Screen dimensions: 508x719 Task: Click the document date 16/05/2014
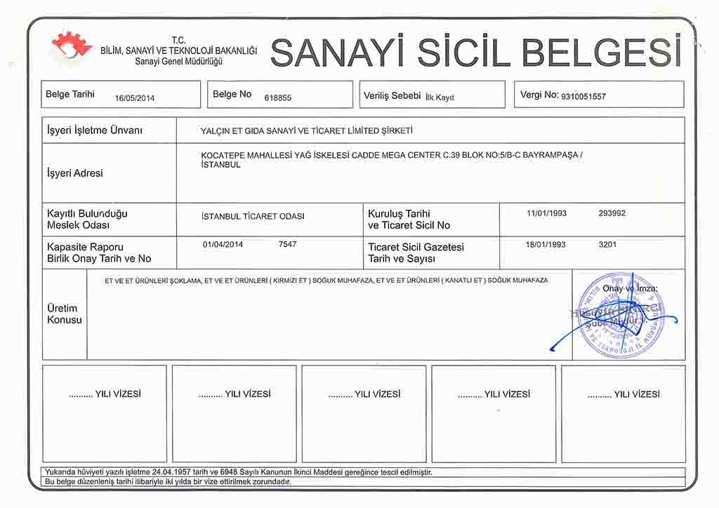point(134,98)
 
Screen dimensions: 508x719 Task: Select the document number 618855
point(277,98)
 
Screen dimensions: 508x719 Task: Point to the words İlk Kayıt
point(440,98)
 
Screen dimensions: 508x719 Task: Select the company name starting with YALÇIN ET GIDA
point(306,131)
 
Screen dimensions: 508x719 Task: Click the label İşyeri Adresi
point(74,173)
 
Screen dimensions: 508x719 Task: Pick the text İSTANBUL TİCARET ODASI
point(253,216)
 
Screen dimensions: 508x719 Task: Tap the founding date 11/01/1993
point(546,213)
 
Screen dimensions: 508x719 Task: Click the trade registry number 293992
point(612,213)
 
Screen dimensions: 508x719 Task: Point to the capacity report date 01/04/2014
point(223,244)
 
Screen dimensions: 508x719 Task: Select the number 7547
point(287,244)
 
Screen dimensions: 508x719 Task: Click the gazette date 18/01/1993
point(546,245)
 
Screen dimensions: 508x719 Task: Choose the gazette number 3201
point(607,245)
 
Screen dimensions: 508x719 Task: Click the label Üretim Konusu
point(64,314)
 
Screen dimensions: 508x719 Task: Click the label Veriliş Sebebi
point(392,95)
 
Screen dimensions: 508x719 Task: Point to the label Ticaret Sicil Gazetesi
point(416,247)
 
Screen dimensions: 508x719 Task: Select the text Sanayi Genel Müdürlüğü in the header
point(178,62)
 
